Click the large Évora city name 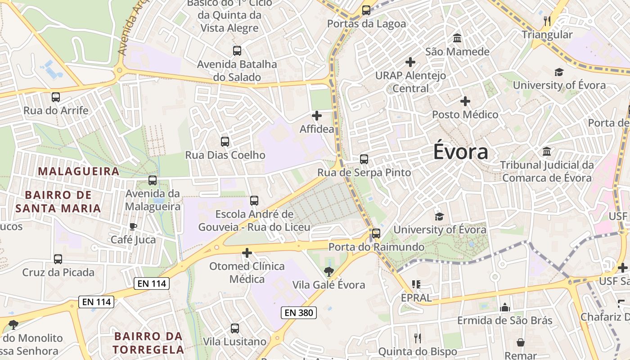pos(460,152)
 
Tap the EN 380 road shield pos(299,312)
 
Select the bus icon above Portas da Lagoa pos(366,10)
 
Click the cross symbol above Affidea pos(317,116)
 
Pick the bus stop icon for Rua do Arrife pos(56,97)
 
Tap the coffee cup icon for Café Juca pos(133,226)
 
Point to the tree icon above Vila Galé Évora pos(329,271)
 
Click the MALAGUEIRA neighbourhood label pos(79,171)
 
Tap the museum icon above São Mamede pos(458,38)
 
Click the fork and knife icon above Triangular pos(547,21)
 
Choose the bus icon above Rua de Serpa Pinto pos(364,159)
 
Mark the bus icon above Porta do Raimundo pos(376,234)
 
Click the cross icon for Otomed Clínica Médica pos(247,253)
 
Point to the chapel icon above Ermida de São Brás pos(505,307)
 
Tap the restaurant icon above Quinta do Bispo pos(418,338)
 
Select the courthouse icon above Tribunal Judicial pos(547,152)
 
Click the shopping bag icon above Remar pos(521,342)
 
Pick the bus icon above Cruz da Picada pos(58,259)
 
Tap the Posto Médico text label pos(465,115)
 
